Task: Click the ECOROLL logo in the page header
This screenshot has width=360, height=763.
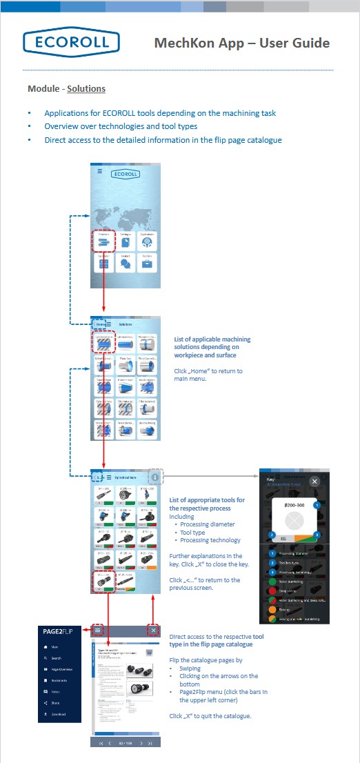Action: tap(66, 43)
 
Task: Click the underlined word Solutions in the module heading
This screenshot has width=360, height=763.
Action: tap(86, 89)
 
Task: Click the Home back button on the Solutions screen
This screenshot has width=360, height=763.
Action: tap(99, 324)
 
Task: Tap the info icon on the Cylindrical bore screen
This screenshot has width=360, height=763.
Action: tap(156, 477)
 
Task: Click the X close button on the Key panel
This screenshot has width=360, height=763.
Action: tap(314, 481)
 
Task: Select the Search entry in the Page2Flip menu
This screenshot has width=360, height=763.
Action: tap(57, 658)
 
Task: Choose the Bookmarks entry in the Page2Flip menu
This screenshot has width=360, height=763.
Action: tap(61, 680)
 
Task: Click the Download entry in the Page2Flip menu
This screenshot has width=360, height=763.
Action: tap(59, 714)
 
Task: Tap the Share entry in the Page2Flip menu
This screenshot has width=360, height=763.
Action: tap(55, 703)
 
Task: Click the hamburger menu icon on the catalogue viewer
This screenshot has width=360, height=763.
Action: tap(98, 630)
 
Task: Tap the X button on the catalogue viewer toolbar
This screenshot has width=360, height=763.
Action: tap(153, 630)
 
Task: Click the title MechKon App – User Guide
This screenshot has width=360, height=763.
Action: tap(241, 43)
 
